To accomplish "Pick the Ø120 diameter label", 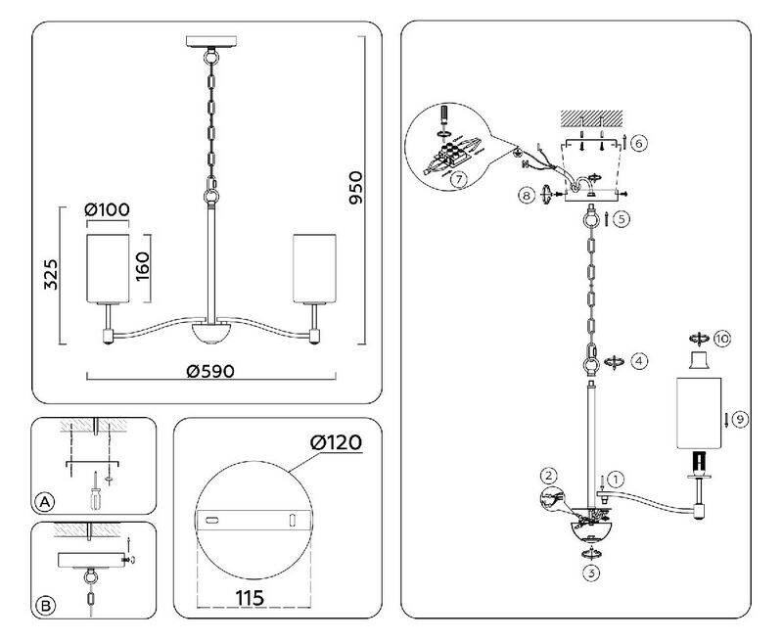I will point(336,443).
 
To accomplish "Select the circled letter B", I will point(44,606).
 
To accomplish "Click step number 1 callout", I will point(615,480).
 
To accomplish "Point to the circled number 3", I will point(590,572).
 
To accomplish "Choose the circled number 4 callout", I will point(638,361).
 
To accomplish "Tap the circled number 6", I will point(638,143).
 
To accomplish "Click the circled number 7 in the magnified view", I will point(457,180).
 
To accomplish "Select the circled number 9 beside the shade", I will point(740,419).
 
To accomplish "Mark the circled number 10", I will point(722,339).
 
